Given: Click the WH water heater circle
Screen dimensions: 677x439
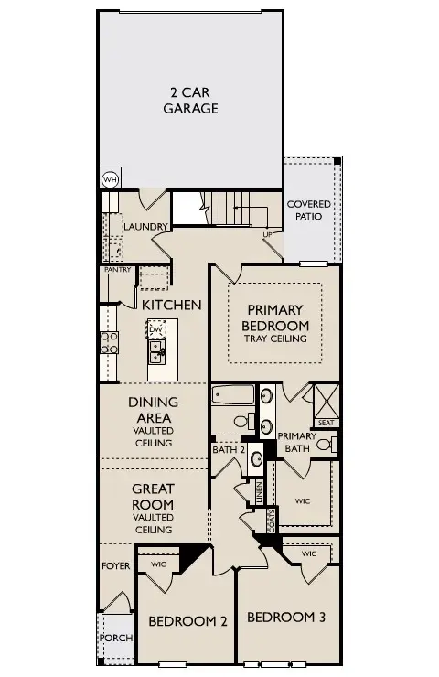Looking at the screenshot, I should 110,179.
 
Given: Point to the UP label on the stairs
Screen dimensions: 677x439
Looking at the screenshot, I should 268,234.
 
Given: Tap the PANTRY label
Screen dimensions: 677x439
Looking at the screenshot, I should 118,270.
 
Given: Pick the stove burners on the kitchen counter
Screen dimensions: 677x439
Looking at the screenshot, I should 109,342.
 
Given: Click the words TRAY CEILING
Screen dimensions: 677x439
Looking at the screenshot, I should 275,338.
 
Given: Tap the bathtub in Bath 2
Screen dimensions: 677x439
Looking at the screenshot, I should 232,396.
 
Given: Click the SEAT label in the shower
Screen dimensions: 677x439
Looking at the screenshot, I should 326,422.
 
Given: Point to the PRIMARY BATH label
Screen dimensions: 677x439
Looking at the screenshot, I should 296,442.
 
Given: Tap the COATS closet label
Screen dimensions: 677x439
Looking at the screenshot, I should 272,521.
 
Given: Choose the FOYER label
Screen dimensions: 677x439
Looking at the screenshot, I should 115,566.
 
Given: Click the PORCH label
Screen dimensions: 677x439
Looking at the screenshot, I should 115,638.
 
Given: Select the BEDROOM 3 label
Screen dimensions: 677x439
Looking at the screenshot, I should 286,617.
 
